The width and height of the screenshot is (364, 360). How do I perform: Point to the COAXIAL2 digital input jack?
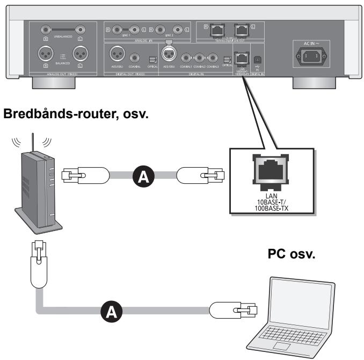[x=200, y=57]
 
